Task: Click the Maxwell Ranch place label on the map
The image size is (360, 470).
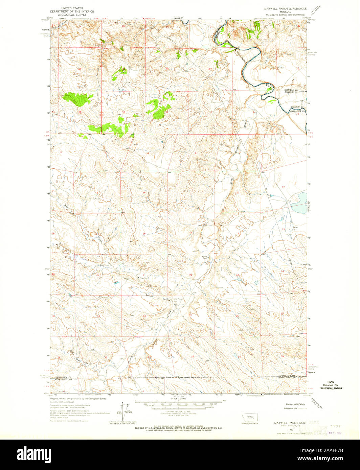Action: click(x=204, y=257)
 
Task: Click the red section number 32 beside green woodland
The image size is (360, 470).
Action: click(x=167, y=112)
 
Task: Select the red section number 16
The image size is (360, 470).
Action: click(x=144, y=234)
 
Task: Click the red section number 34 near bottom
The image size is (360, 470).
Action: click(x=193, y=356)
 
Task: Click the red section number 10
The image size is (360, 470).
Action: click(x=190, y=192)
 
